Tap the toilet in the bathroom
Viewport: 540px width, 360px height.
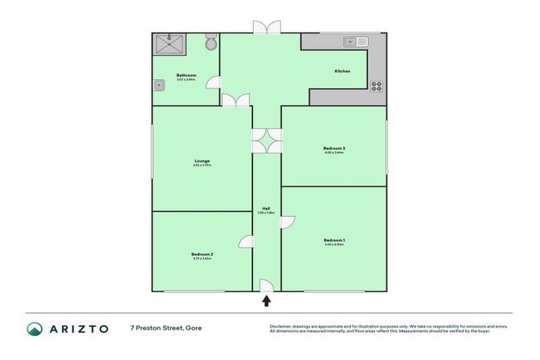coord(210,43)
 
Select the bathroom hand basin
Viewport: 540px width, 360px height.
coord(160,86)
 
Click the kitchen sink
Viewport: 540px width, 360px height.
coord(355,42)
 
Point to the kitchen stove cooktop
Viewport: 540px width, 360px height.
coord(376,86)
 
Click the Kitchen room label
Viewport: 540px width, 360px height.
coord(342,71)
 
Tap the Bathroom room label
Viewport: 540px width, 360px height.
coord(186,75)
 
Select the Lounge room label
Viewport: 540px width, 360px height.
coord(202,161)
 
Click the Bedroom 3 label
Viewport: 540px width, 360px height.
coord(334,148)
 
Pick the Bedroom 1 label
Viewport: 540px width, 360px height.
coord(334,240)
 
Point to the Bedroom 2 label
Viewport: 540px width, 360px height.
coord(202,254)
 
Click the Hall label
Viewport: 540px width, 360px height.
coord(266,209)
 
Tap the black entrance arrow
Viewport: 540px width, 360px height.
coord(266,301)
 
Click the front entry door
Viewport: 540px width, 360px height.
coord(266,285)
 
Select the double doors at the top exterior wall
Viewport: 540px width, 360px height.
coord(266,27)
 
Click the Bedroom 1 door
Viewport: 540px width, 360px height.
coord(288,222)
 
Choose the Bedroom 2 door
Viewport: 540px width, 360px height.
coord(246,241)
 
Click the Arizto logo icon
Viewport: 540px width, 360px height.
coord(35,328)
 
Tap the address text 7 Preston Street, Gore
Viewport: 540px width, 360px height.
coord(165,328)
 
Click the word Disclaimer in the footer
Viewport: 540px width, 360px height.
coord(282,326)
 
